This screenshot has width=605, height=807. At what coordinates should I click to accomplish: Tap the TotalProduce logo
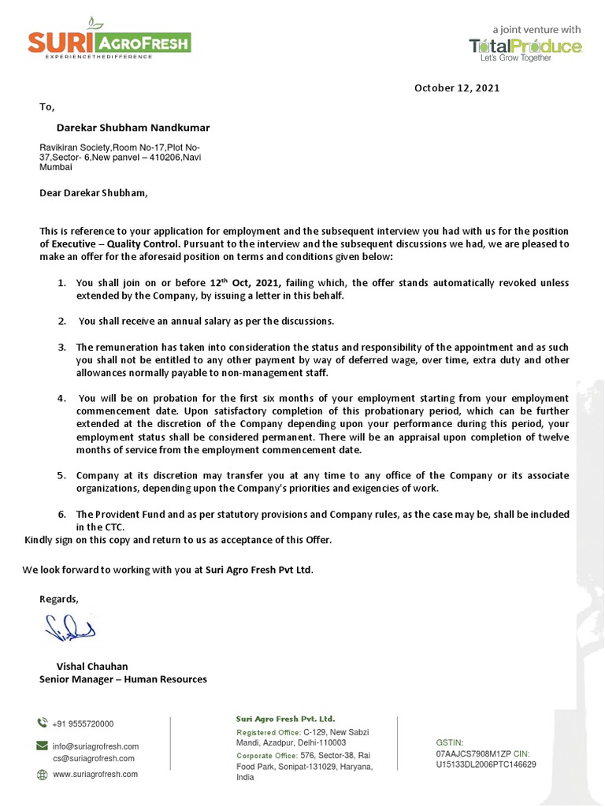(x=525, y=46)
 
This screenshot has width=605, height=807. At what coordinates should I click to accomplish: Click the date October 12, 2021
(x=457, y=88)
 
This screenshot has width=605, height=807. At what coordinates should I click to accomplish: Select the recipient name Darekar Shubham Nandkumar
(x=133, y=127)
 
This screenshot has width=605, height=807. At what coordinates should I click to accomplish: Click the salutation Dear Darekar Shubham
(x=93, y=192)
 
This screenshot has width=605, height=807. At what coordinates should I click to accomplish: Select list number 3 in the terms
(x=61, y=347)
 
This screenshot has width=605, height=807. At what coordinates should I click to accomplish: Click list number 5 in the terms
(x=61, y=476)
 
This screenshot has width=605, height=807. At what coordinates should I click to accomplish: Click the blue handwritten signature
(x=69, y=628)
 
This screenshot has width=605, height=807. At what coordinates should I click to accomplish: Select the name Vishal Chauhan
(x=92, y=666)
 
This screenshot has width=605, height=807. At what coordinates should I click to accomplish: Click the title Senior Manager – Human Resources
(x=123, y=679)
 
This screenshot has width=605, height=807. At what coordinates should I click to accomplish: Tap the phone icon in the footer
(x=43, y=723)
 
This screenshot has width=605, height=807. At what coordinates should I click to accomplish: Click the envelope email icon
(x=43, y=746)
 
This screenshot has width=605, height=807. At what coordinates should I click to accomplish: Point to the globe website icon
(x=43, y=775)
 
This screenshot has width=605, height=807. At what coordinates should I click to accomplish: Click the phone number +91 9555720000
(x=84, y=723)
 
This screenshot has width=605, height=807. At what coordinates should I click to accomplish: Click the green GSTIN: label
(x=450, y=742)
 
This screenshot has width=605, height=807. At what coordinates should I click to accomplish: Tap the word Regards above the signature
(x=59, y=599)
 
